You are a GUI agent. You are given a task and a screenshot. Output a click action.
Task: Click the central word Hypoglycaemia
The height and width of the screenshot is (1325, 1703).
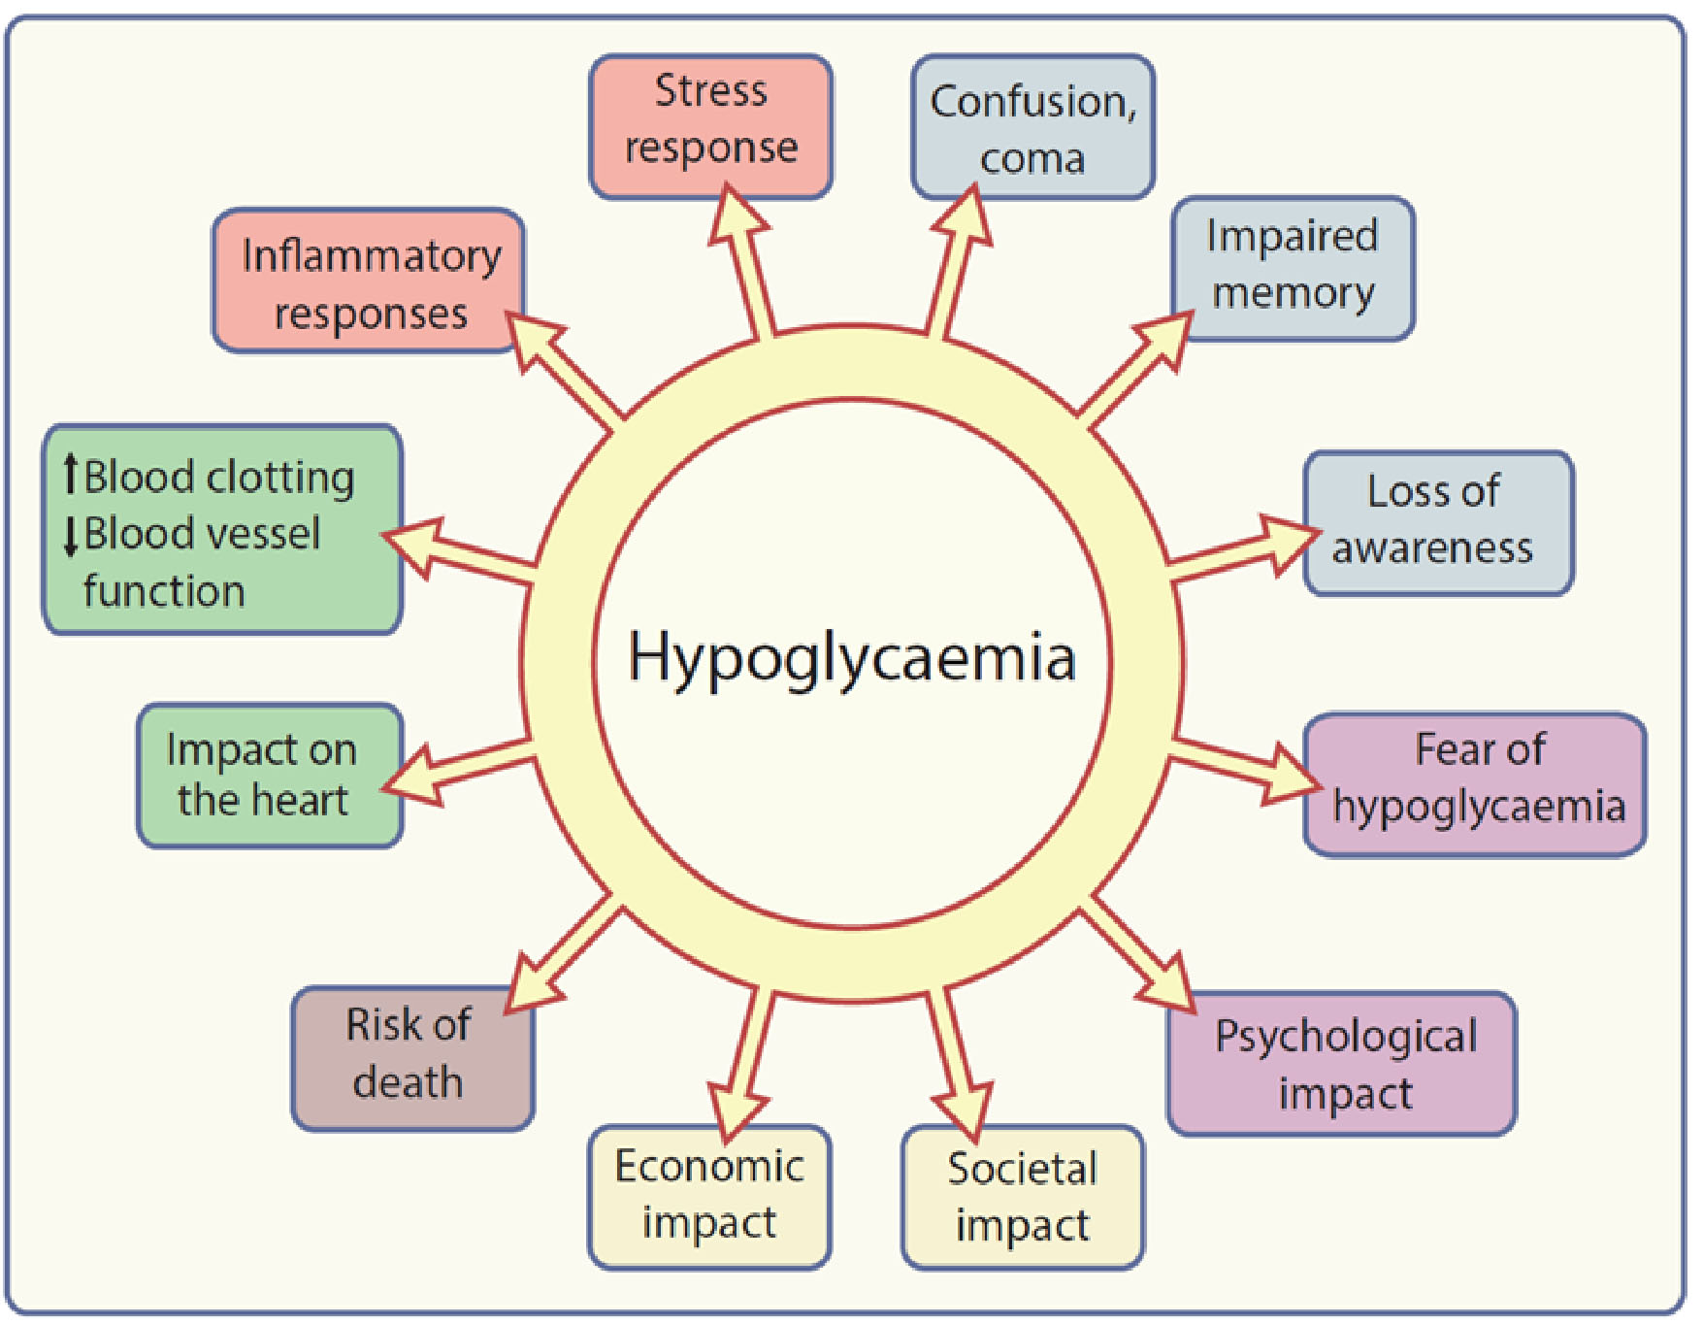point(852,658)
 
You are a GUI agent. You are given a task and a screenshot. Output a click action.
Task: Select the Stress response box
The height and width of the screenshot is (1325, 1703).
point(710,126)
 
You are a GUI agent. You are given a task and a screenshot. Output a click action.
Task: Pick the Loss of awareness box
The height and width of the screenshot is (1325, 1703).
point(1438,522)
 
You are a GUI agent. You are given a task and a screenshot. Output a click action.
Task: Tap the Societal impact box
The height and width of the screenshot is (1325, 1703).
point(1023,1196)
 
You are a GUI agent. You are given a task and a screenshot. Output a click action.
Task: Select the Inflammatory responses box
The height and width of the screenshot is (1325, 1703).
point(369,282)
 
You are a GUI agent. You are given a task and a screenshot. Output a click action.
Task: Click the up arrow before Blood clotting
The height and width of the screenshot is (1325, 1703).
point(70,475)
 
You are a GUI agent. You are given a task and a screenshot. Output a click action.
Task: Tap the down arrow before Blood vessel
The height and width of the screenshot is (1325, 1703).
point(70,535)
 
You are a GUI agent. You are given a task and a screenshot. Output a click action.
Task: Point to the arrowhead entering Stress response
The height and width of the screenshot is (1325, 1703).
point(735,214)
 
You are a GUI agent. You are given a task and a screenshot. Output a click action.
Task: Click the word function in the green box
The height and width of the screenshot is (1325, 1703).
point(164,591)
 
